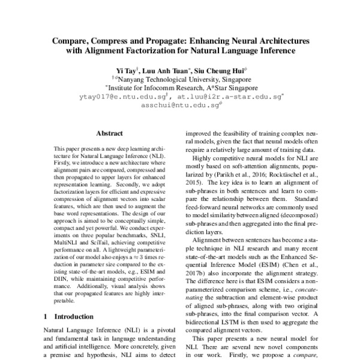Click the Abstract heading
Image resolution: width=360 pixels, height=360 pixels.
pos(109,133)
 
